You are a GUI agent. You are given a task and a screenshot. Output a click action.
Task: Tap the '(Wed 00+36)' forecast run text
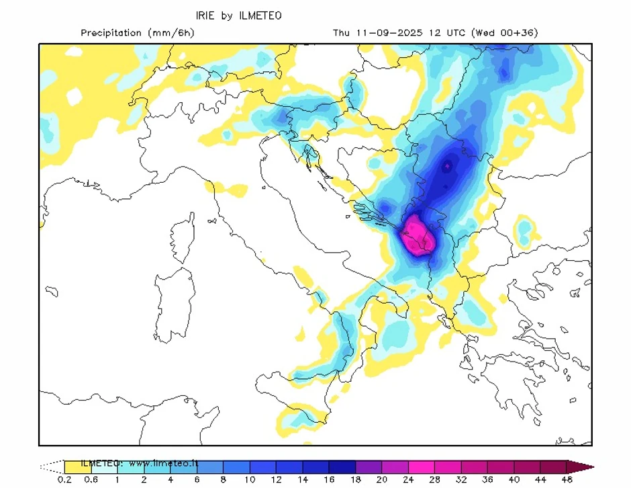(505, 33)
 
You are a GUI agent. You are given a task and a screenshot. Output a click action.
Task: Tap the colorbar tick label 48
(567, 480)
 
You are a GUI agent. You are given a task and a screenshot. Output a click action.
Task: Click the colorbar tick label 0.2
(64, 480)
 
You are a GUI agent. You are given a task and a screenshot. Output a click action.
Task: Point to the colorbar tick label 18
(355, 480)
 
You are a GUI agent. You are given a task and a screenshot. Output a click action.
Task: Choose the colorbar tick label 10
(250, 480)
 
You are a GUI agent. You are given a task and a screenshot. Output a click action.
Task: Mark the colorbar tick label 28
(434, 480)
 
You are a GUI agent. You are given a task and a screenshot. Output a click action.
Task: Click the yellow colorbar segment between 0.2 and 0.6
(77, 466)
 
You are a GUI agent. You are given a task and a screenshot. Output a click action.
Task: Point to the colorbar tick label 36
(487, 480)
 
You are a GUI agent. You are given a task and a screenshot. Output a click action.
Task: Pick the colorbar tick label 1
(117, 480)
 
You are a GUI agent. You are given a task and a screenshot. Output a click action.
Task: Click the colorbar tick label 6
(197, 480)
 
